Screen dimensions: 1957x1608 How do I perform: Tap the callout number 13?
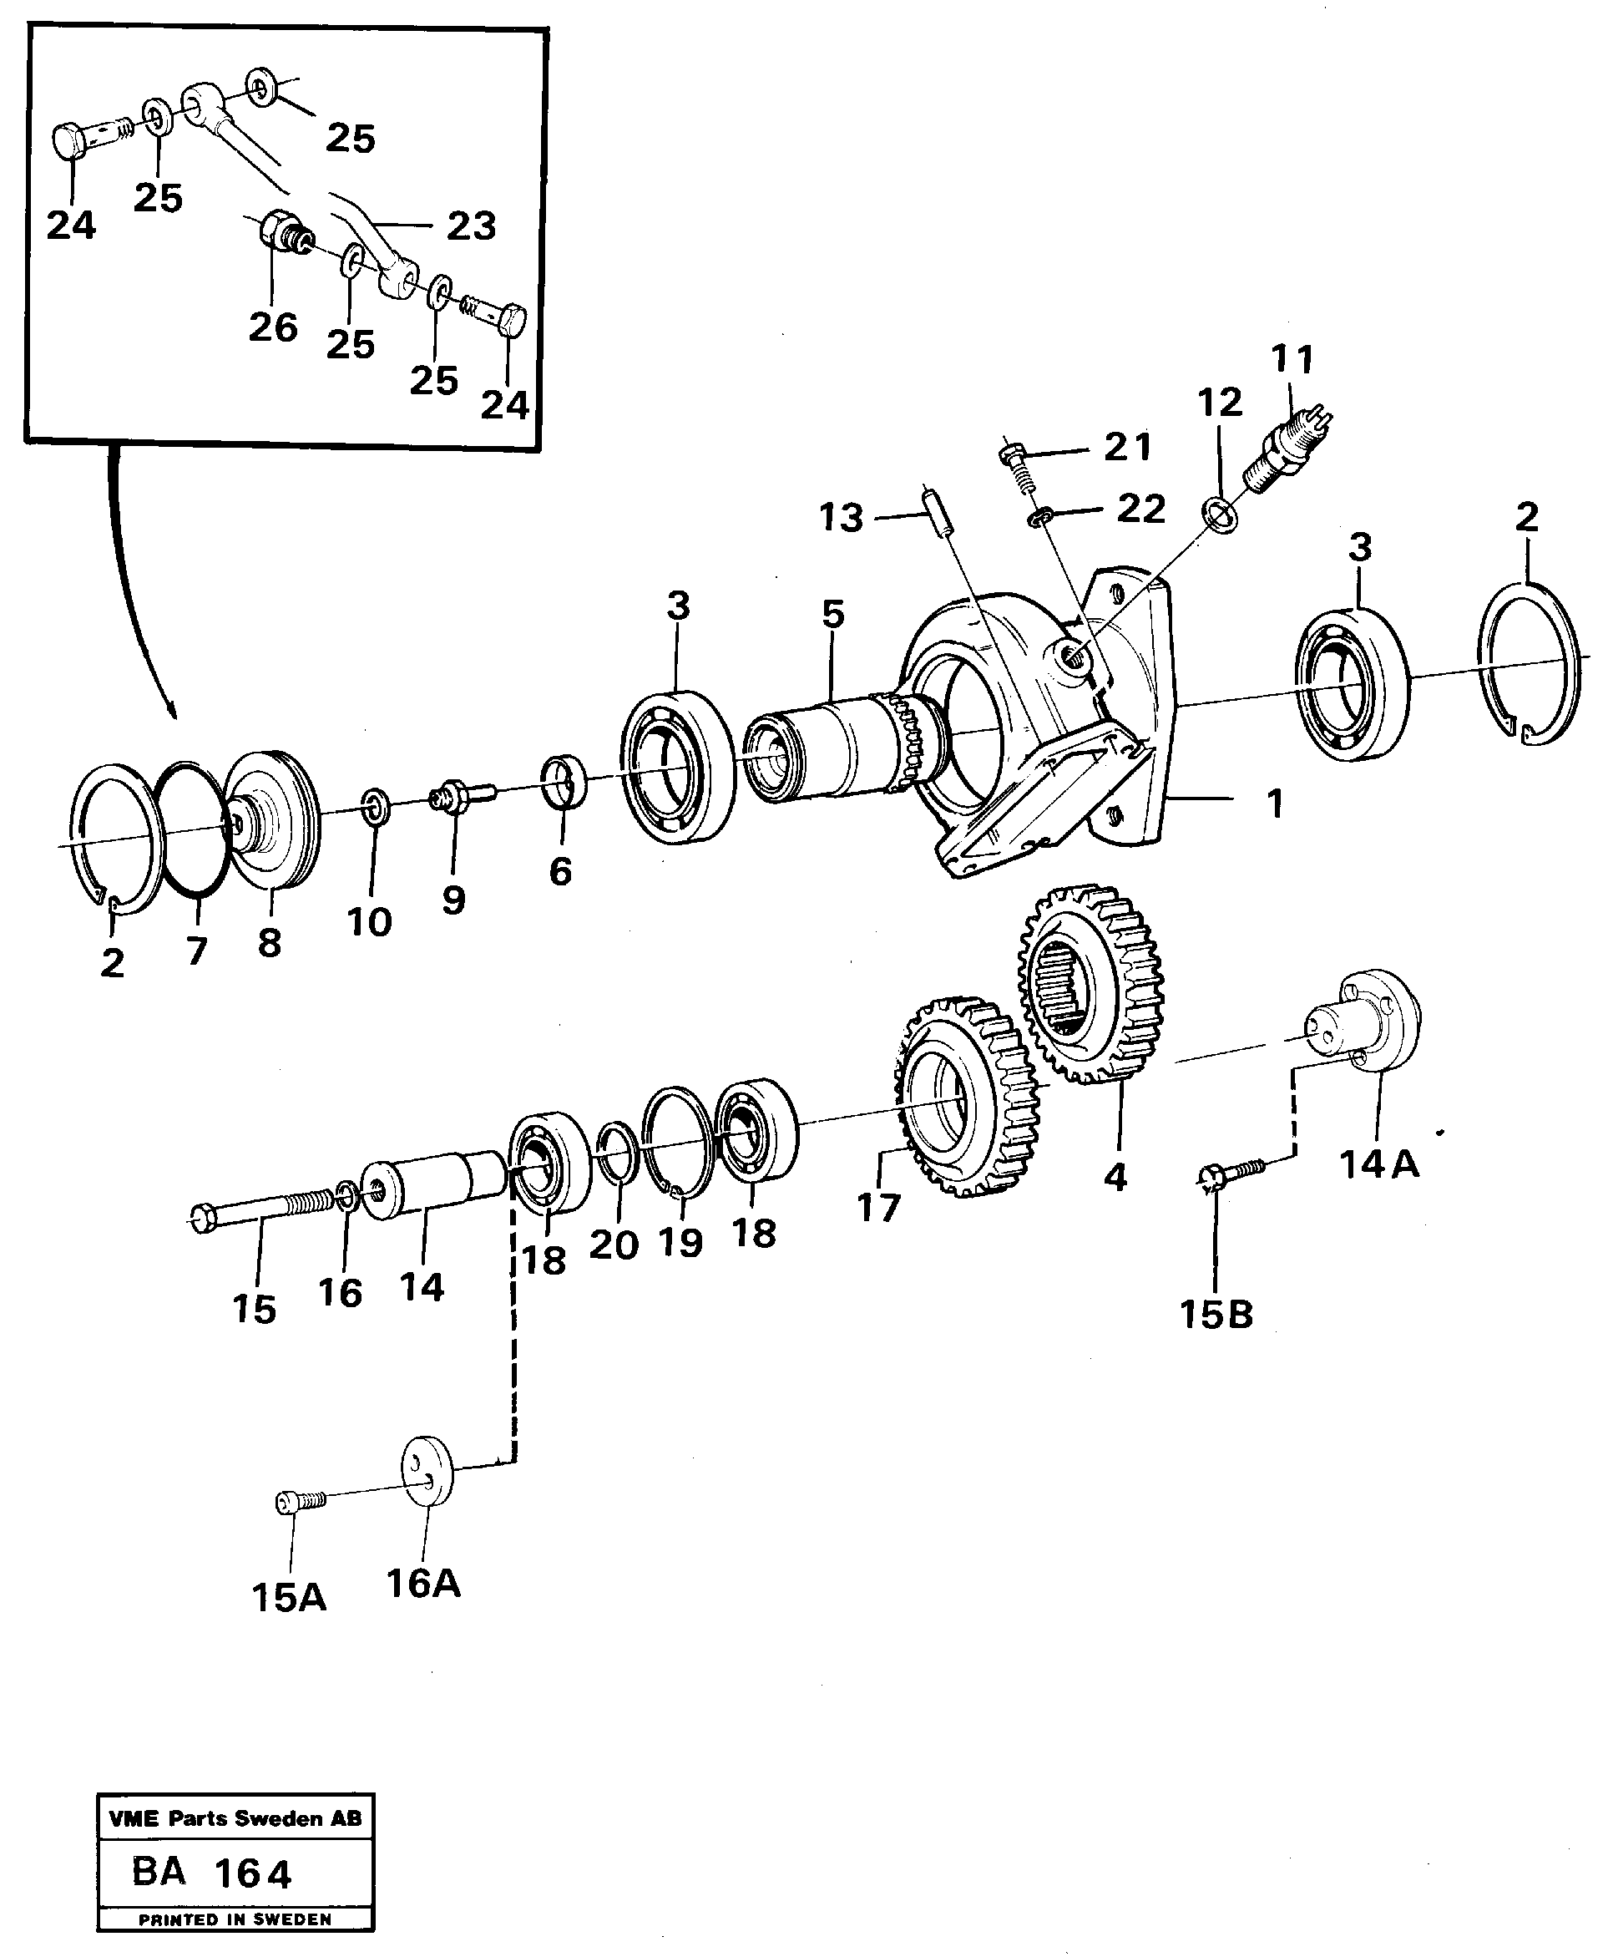pos(841,518)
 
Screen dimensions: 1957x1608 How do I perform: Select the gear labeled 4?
pos(1091,984)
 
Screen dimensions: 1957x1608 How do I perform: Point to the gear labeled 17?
pos(965,1098)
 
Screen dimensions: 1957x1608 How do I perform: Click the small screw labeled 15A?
pos(299,1502)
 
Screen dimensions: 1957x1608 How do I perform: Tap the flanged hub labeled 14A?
pos(1365,1023)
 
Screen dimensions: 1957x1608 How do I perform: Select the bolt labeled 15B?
pos(1232,1172)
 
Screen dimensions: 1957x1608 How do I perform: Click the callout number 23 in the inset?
pos(472,226)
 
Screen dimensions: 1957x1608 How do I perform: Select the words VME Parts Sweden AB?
pos(235,1819)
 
